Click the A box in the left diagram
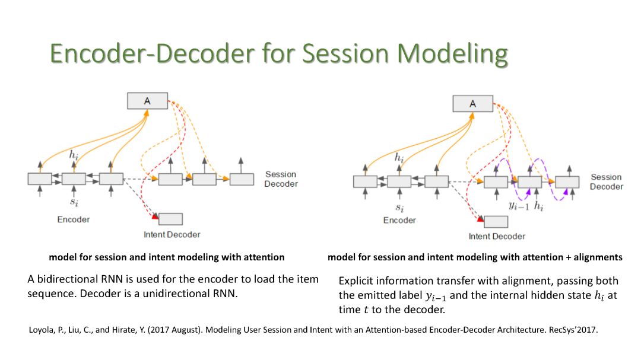pyautogui.click(x=147, y=101)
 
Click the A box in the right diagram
pyautogui.click(x=472, y=104)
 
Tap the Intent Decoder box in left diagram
pyautogui.click(x=170, y=219)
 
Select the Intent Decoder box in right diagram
pyautogui.click(x=496, y=222)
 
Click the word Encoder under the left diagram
pyautogui.click(x=74, y=219)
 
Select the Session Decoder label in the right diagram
pyautogui.click(x=607, y=181)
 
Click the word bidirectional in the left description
pyautogui.click(x=64, y=279)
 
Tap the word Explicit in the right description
pyautogui.click(x=357, y=281)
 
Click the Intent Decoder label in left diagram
pyautogui.click(x=172, y=234)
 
